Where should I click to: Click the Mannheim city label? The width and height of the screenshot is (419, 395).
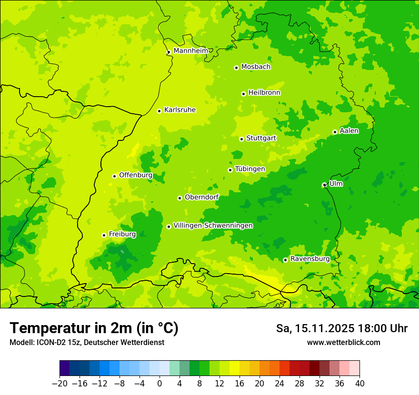pyautogui.click(x=190, y=50)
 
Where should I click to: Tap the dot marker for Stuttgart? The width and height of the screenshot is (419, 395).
pyautogui.click(x=242, y=139)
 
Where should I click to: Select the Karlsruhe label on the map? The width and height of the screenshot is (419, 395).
pyautogui.click(x=180, y=110)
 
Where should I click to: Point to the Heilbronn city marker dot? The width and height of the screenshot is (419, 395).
pyautogui.click(x=244, y=94)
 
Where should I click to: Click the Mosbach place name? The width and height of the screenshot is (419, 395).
pyautogui.click(x=256, y=67)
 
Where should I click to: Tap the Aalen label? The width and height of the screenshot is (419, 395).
pyautogui.click(x=349, y=131)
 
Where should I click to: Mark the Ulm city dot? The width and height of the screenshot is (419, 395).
pyautogui.click(x=324, y=185)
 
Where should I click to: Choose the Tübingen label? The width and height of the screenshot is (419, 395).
pyautogui.click(x=250, y=169)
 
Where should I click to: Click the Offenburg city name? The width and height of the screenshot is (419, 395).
pyautogui.click(x=136, y=175)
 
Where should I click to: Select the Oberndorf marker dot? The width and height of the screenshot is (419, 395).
pyautogui.click(x=180, y=198)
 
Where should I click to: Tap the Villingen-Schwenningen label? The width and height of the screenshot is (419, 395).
pyautogui.click(x=213, y=226)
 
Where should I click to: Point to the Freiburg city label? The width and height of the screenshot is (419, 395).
pyautogui.click(x=122, y=234)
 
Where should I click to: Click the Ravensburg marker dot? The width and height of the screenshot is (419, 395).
pyautogui.click(x=285, y=260)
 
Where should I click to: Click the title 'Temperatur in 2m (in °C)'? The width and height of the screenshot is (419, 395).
pyautogui.click(x=94, y=328)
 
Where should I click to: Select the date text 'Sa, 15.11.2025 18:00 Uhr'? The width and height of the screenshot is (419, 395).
pyautogui.click(x=341, y=328)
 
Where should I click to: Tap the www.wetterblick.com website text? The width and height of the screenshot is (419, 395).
pyautogui.click(x=343, y=343)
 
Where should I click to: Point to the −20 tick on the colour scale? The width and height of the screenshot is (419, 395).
pyautogui.click(x=60, y=384)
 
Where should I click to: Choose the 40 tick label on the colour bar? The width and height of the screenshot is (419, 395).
pyautogui.click(x=359, y=384)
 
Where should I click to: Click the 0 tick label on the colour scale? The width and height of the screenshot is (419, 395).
pyautogui.click(x=160, y=384)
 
